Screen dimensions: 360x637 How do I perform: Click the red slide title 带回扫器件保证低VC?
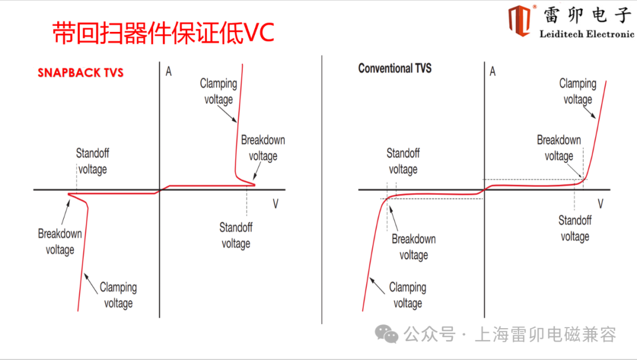tap(163, 33)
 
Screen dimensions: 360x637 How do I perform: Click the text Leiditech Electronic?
tap(586, 34)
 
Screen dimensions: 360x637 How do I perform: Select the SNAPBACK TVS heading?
tap(81, 73)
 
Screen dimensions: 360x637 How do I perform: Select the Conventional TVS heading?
tap(395, 68)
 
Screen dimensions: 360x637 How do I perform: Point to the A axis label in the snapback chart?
tap(169, 71)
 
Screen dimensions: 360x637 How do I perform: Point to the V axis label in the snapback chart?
tap(275, 204)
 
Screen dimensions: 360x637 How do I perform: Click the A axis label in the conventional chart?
tap(492, 71)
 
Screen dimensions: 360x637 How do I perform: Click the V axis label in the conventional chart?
tap(600, 204)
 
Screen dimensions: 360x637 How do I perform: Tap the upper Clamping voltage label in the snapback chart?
tap(218, 91)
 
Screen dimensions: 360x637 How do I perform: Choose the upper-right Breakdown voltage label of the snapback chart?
tap(263, 148)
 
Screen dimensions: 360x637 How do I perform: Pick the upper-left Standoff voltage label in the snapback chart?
tap(93, 162)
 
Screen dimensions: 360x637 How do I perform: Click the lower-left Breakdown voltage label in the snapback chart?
tap(60, 241)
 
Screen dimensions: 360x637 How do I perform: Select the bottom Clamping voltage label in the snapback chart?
tap(118, 295)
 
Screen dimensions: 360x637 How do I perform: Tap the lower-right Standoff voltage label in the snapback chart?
tap(236, 235)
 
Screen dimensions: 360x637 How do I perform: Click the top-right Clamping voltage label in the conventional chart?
tap(577, 91)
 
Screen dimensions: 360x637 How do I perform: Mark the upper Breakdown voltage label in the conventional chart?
tap(559, 148)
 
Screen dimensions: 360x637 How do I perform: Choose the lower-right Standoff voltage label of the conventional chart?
tap(575, 228)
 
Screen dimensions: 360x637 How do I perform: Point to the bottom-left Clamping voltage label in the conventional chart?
tap(408, 295)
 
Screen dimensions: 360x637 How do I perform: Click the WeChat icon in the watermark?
tap(388, 335)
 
